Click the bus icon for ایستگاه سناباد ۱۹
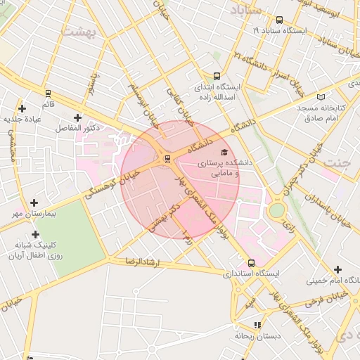pyautogui.click(x=280, y=20)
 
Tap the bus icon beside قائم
pyautogui.click(x=48, y=93)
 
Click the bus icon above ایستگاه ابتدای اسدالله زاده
pyautogui.click(x=216, y=77)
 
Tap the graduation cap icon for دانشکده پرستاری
pyautogui.click(x=224, y=152)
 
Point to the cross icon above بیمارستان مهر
pyautogui.click(x=34, y=202)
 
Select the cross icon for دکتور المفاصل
pyautogui.click(x=77, y=117)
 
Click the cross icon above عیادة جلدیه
pyautogui.click(x=22, y=108)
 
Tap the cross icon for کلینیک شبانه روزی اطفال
pyautogui.click(x=35, y=234)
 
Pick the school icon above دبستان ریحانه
pyautogui.click(x=257, y=325)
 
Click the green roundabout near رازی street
pyautogui.click(x=277, y=210)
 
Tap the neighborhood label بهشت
pyautogui.click(x=77, y=32)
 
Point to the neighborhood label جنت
pyautogui.click(x=337, y=162)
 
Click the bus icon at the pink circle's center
pyautogui.click(x=167, y=159)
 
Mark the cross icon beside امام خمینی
pyautogui.click(x=339, y=269)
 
